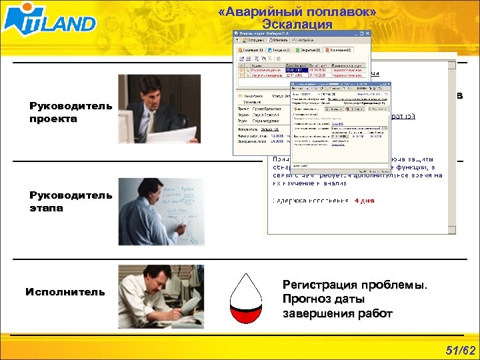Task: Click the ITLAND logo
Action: [x=49, y=21]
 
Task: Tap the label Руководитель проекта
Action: [x=71, y=113]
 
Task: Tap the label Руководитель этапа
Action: [x=71, y=201]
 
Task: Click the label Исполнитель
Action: [x=65, y=291]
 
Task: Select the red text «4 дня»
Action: [x=364, y=201]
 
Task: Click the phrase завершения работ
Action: [x=338, y=313]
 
